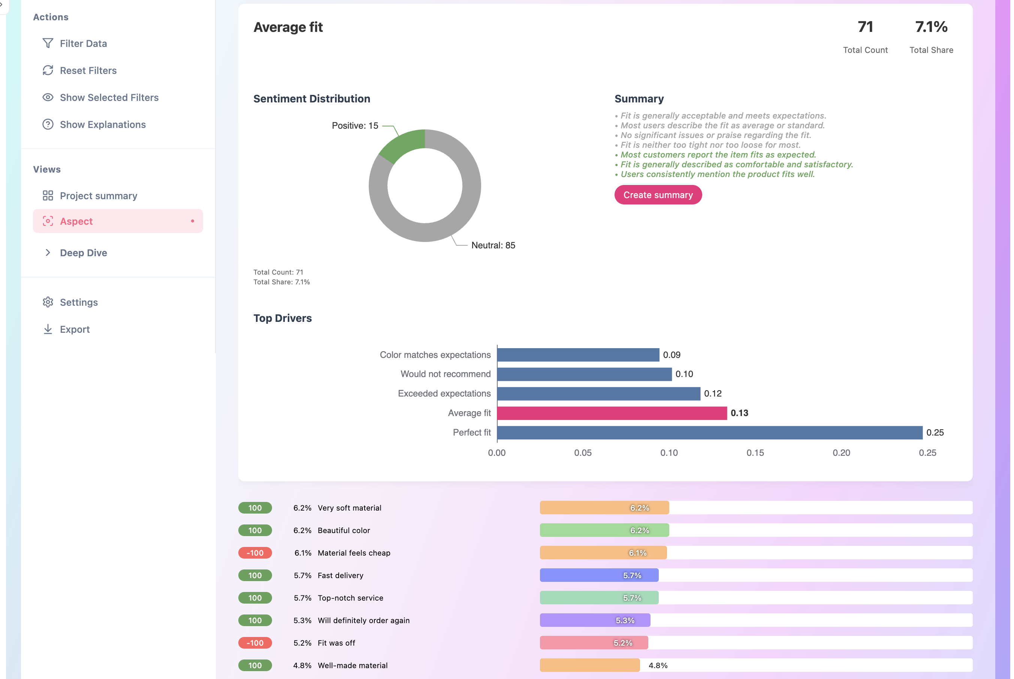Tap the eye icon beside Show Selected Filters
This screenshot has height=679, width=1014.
[x=48, y=98]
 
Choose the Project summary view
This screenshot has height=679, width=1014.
[x=98, y=196]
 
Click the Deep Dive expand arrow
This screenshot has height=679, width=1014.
[x=48, y=253]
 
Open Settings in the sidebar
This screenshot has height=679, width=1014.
[x=78, y=302]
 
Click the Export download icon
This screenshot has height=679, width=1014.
[x=48, y=329]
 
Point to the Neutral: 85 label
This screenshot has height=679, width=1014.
[x=493, y=246]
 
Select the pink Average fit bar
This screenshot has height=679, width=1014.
[x=611, y=413]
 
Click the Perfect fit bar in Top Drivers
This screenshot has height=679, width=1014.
[x=709, y=433]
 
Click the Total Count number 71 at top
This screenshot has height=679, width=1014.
[x=865, y=27]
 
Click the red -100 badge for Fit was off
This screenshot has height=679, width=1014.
[x=255, y=643]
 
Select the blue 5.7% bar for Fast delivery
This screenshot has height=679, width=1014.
[x=599, y=575]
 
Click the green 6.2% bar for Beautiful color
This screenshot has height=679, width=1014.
[x=604, y=530]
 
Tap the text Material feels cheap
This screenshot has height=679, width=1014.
[x=354, y=553]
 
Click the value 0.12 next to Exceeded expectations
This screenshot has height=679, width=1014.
[x=712, y=394]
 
